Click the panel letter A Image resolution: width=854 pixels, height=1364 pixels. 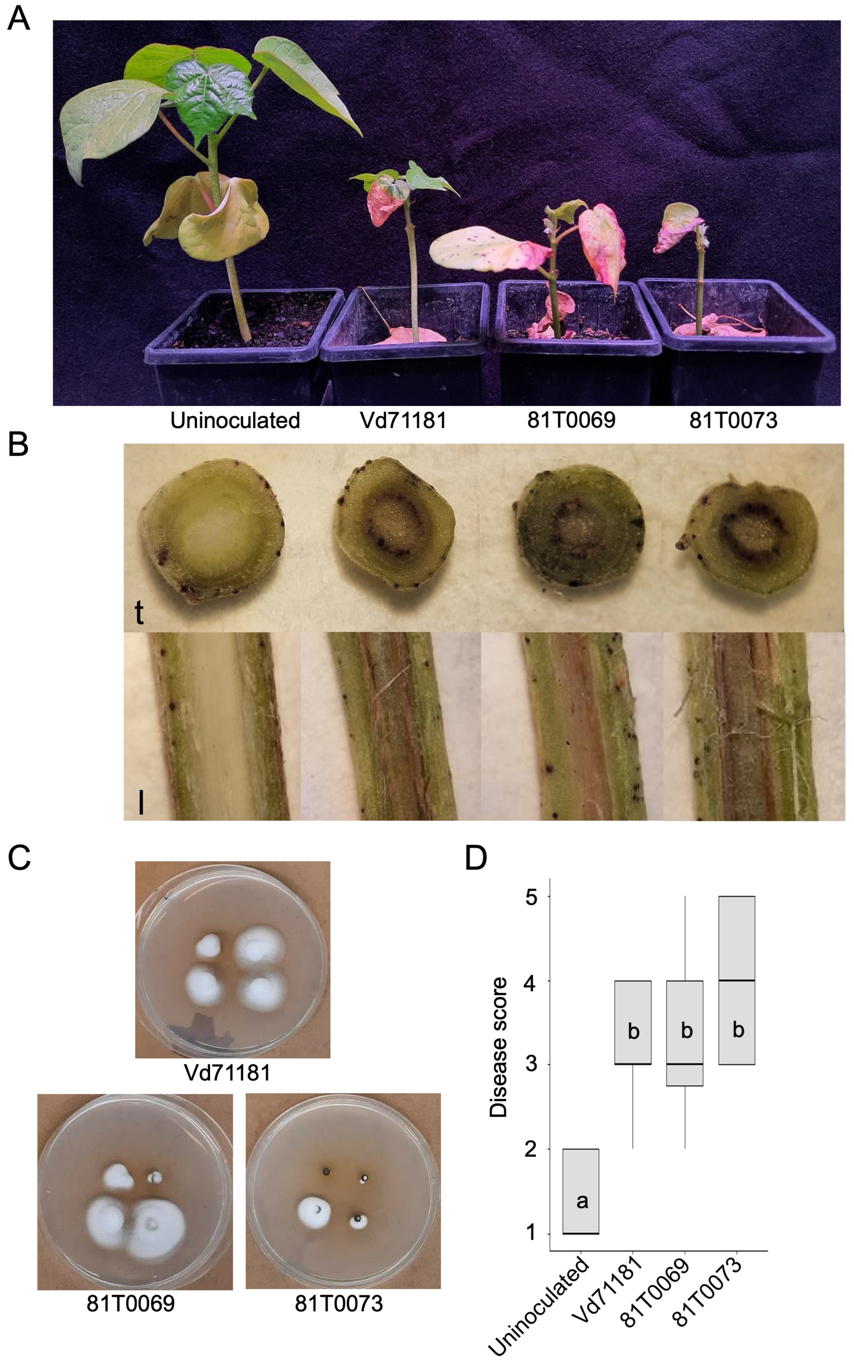[x=18, y=19]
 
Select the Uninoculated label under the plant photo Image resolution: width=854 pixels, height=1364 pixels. [x=235, y=420]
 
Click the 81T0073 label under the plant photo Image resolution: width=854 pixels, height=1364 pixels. [x=733, y=420]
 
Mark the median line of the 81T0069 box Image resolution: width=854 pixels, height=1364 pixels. [x=684, y=1064]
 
